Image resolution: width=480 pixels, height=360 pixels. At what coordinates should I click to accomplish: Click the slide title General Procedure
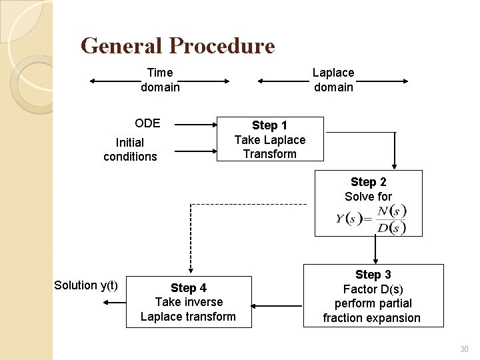tap(177, 45)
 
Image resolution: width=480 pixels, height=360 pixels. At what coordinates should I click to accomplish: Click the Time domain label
tap(160, 80)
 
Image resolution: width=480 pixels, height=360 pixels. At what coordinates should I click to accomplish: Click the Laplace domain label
tap(333, 80)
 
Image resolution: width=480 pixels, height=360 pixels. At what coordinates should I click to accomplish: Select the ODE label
tap(147, 123)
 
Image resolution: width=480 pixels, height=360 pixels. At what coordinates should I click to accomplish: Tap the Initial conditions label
tap(130, 149)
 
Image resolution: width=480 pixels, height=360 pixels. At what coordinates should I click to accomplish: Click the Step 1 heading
tap(269, 125)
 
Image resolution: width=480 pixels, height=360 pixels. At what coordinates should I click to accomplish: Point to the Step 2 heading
tap(368, 182)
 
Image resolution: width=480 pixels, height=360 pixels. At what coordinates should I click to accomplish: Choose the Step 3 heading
tap(373, 275)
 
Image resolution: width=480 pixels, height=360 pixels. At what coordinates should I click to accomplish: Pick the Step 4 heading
tap(188, 288)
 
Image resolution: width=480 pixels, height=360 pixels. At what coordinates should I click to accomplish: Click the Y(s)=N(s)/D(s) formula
tap(371, 219)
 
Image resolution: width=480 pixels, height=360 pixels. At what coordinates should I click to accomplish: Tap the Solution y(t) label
tap(86, 285)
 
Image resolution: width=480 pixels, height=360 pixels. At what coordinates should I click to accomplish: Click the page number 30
tap(464, 349)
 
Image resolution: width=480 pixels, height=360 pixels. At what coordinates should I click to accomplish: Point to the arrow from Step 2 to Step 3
tap(376, 250)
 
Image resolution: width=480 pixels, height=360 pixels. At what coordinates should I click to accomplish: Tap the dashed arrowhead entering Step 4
tap(191, 268)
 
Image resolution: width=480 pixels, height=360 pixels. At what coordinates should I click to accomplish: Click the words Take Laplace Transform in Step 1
tap(269, 147)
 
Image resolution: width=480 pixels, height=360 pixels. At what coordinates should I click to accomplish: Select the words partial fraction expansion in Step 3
tap(371, 311)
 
